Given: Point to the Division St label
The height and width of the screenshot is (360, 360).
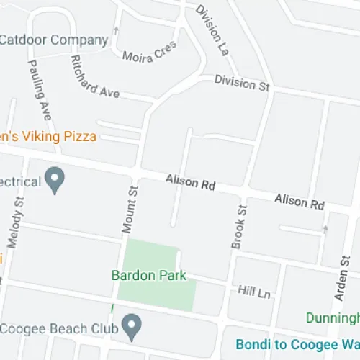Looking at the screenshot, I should (242, 83).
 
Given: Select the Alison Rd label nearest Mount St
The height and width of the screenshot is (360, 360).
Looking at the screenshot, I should (190, 183).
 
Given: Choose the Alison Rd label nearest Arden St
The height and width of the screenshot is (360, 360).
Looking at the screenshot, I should (300, 202).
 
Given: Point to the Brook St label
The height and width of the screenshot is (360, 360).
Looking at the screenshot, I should (240, 226).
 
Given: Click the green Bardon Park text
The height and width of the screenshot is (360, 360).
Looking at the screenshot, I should (149, 275).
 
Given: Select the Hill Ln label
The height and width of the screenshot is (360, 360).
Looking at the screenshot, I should (253, 290).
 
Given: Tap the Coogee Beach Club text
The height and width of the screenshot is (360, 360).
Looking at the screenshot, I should (58, 328).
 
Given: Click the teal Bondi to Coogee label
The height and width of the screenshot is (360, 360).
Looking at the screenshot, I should (298, 343).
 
